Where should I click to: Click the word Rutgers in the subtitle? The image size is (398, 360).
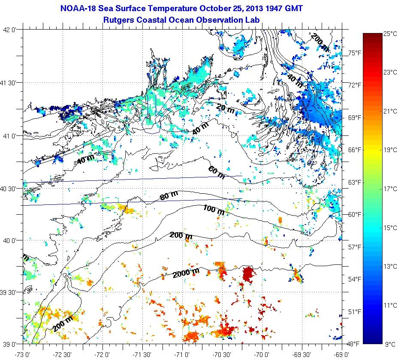pos(119,20)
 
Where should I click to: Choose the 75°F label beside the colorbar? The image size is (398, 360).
pos(354,53)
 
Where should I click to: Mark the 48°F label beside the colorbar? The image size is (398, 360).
pos(354,344)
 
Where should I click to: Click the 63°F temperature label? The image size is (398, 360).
pos(354,182)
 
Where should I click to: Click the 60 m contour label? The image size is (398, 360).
pos(216,172)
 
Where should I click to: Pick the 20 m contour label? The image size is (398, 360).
pos(225,110)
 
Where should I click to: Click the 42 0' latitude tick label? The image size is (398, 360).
pos(10,30)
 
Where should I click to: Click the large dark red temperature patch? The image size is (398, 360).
pos(248,273)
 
